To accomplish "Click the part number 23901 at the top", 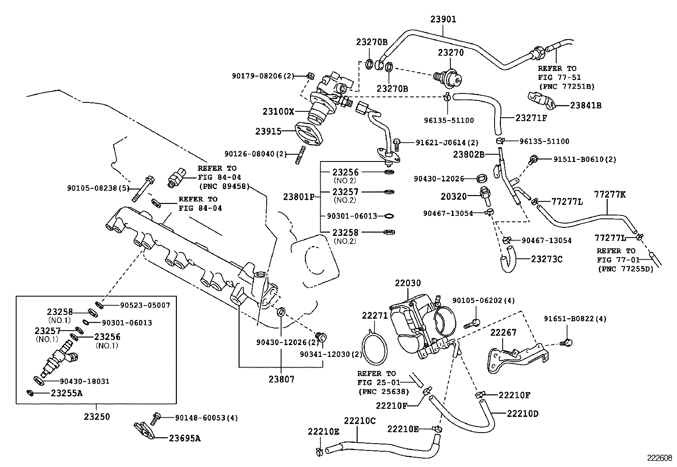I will pyautogui.click(x=443, y=20).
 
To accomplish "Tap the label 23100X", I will pyautogui.click(x=278, y=111).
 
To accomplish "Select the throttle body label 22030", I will pyautogui.click(x=407, y=283).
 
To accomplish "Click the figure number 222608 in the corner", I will pyautogui.click(x=660, y=458).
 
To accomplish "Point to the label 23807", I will pyautogui.click(x=281, y=379).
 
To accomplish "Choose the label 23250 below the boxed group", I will pyautogui.click(x=97, y=416).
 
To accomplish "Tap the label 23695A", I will pyautogui.click(x=185, y=438).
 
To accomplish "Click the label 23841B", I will pyautogui.click(x=586, y=106).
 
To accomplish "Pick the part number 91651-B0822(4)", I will pyautogui.click(x=575, y=319).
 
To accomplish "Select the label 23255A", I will pyautogui.click(x=66, y=393).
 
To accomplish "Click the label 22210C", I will pyautogui.click(x=360, y=421).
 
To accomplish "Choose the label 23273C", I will pyautogui.click(x=546, y=259).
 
